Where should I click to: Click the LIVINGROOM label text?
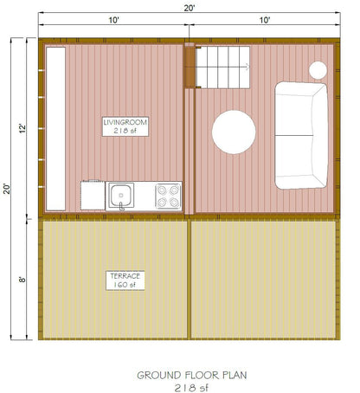tap(125, 123)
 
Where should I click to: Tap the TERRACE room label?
tap(125, 275)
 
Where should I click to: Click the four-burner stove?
tap(168, 196)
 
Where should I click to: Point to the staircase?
tap(222, 68)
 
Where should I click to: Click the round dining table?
tap(234, 132)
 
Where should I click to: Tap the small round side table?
tap(318, 69)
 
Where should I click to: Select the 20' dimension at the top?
tap(189, 7)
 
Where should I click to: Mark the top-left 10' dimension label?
tap(113, 19)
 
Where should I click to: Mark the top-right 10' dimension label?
tap(264, 19)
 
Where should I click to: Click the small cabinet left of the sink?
tap(93, 196)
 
